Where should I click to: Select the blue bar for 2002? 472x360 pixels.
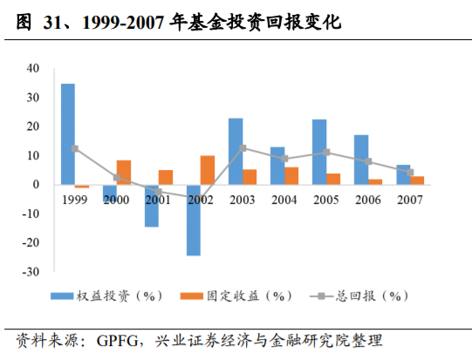coord(194,220)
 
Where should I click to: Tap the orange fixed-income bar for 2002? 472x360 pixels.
coord(208,170)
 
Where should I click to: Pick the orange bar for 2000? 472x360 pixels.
coord(124,173)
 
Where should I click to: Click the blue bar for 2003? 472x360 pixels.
coord(236,152)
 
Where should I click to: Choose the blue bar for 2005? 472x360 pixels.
coord(319,152)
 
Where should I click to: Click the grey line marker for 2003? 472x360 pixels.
coord(243,148)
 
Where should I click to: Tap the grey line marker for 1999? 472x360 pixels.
coord(75,149)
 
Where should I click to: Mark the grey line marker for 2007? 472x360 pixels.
coord(410,173)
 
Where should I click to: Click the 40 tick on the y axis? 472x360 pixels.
coord(32,68)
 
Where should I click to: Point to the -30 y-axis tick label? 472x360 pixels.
coord(31,271)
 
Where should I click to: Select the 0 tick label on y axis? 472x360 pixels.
coord(36,184)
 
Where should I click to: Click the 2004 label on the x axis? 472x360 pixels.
coord(284,199)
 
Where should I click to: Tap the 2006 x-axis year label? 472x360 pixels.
coord(368,199)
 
